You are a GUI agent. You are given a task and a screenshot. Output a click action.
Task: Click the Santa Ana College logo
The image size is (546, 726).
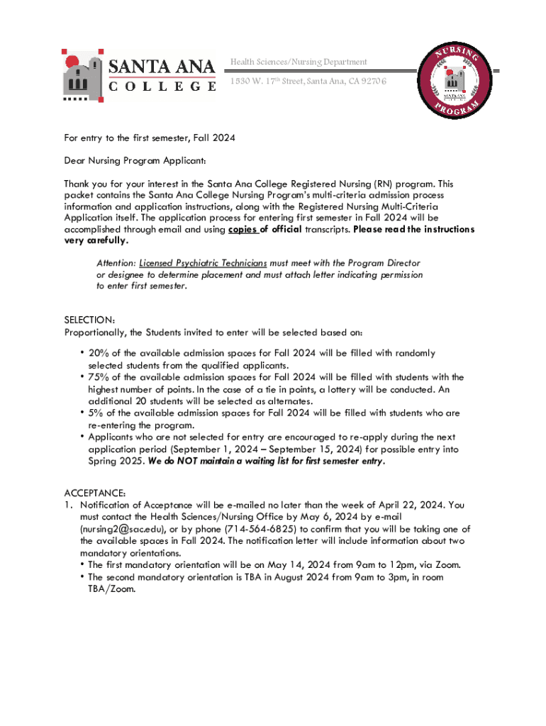(138, 75)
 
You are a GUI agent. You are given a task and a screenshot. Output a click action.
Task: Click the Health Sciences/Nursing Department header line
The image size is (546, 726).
(299, 62)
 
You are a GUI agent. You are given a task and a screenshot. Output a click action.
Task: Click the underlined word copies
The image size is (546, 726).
(243, 230)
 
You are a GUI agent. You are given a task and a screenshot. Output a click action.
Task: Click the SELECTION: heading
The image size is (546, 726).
(90, 320)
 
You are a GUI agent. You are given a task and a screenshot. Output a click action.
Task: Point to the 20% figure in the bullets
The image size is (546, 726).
(98, 353)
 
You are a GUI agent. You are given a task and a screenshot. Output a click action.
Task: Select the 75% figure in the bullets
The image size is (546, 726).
(98, 377)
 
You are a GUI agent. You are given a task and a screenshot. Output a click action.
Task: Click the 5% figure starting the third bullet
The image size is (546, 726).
(95, 413)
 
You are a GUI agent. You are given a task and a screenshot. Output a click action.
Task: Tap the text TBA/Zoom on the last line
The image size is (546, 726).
(111, 588)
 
